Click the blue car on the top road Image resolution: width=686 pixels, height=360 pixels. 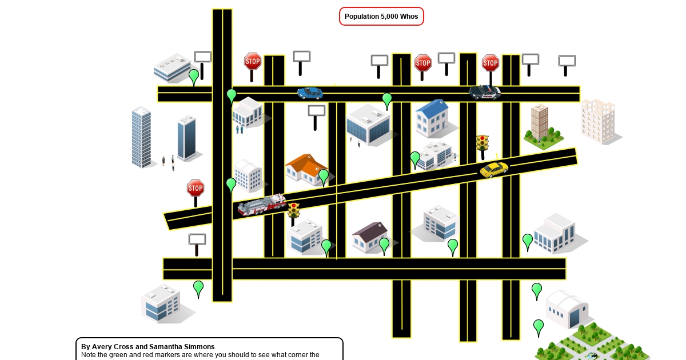pyautogui.click(x=310, y=93)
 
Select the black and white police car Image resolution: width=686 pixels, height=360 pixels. pyautogui.click(x=485, y=92)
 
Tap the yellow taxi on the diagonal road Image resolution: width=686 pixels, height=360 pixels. pyautogui.click(x=494, y=169)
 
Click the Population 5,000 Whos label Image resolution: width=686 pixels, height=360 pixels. pyautogui.click(x=381, y=17)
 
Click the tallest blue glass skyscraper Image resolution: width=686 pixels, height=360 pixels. pyautogui.click(x=141, y=137)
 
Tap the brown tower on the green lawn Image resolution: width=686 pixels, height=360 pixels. pyautogui.click(x=539, y=121)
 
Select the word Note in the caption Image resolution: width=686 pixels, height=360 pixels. pyautogui.click(x=89, y=355)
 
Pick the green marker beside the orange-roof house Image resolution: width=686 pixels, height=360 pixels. pyautogui.click(x=324, y=177)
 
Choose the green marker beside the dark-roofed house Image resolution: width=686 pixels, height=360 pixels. pyautogui.click(x=384, y=245)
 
